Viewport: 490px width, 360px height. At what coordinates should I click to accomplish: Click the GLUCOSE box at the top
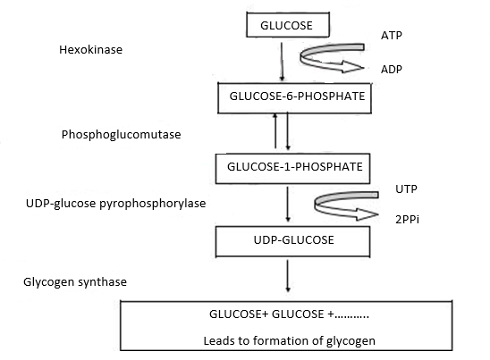click(286, 26)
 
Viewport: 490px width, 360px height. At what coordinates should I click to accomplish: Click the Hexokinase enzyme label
click(84, 50)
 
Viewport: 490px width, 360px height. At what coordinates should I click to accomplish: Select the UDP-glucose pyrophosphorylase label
click(116, 204)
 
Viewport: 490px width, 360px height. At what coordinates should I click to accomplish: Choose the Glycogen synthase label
click(75, 282)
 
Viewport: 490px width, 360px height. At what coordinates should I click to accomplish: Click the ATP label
click(392, 35)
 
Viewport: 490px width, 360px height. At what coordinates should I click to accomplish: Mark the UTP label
click(406, 189)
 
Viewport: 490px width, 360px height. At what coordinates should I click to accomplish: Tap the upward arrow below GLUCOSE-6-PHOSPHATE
click(277, 132)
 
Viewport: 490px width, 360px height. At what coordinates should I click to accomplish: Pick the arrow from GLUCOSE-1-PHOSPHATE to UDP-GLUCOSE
click(286, 204)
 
